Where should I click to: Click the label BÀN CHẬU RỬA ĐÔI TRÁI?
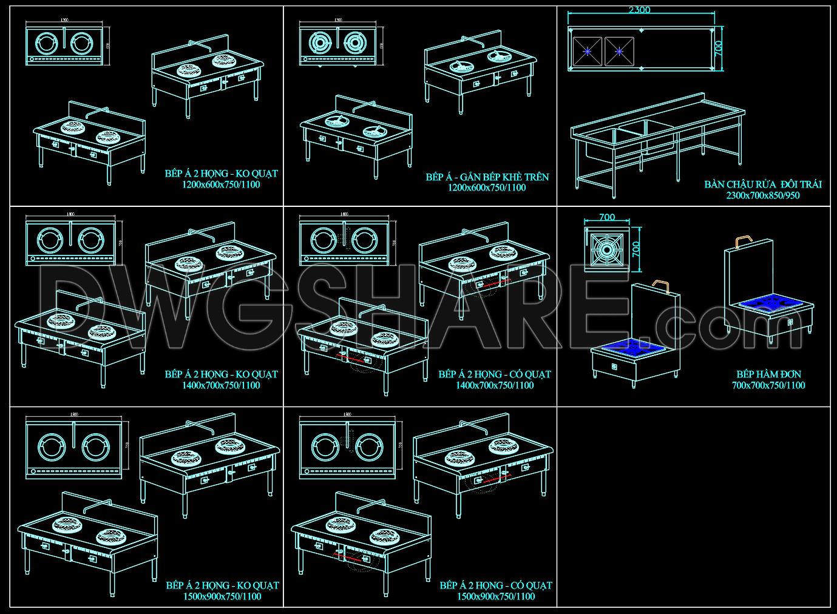[x=763, y=184]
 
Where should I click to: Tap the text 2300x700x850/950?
[x=762, y=195]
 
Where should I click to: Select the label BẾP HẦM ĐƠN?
[x=768, y=374]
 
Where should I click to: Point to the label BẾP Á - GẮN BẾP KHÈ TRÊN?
[x=487, y=177]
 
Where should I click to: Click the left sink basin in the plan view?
[x=588, y=52]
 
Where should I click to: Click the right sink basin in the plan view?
[x=619, y=52]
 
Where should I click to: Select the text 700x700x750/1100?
[x=768, y=385]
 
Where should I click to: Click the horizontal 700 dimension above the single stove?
[x=607, y=217]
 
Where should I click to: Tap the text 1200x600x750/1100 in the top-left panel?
[x=221, y=184]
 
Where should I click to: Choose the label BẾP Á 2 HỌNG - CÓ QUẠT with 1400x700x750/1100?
[x=495, y=374]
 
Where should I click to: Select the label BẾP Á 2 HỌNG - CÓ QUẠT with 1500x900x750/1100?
[x=496, y=585]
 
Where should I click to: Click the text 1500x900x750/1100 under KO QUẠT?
[x=222, y=596]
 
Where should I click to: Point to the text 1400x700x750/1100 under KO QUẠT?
[x=221, y=385]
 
